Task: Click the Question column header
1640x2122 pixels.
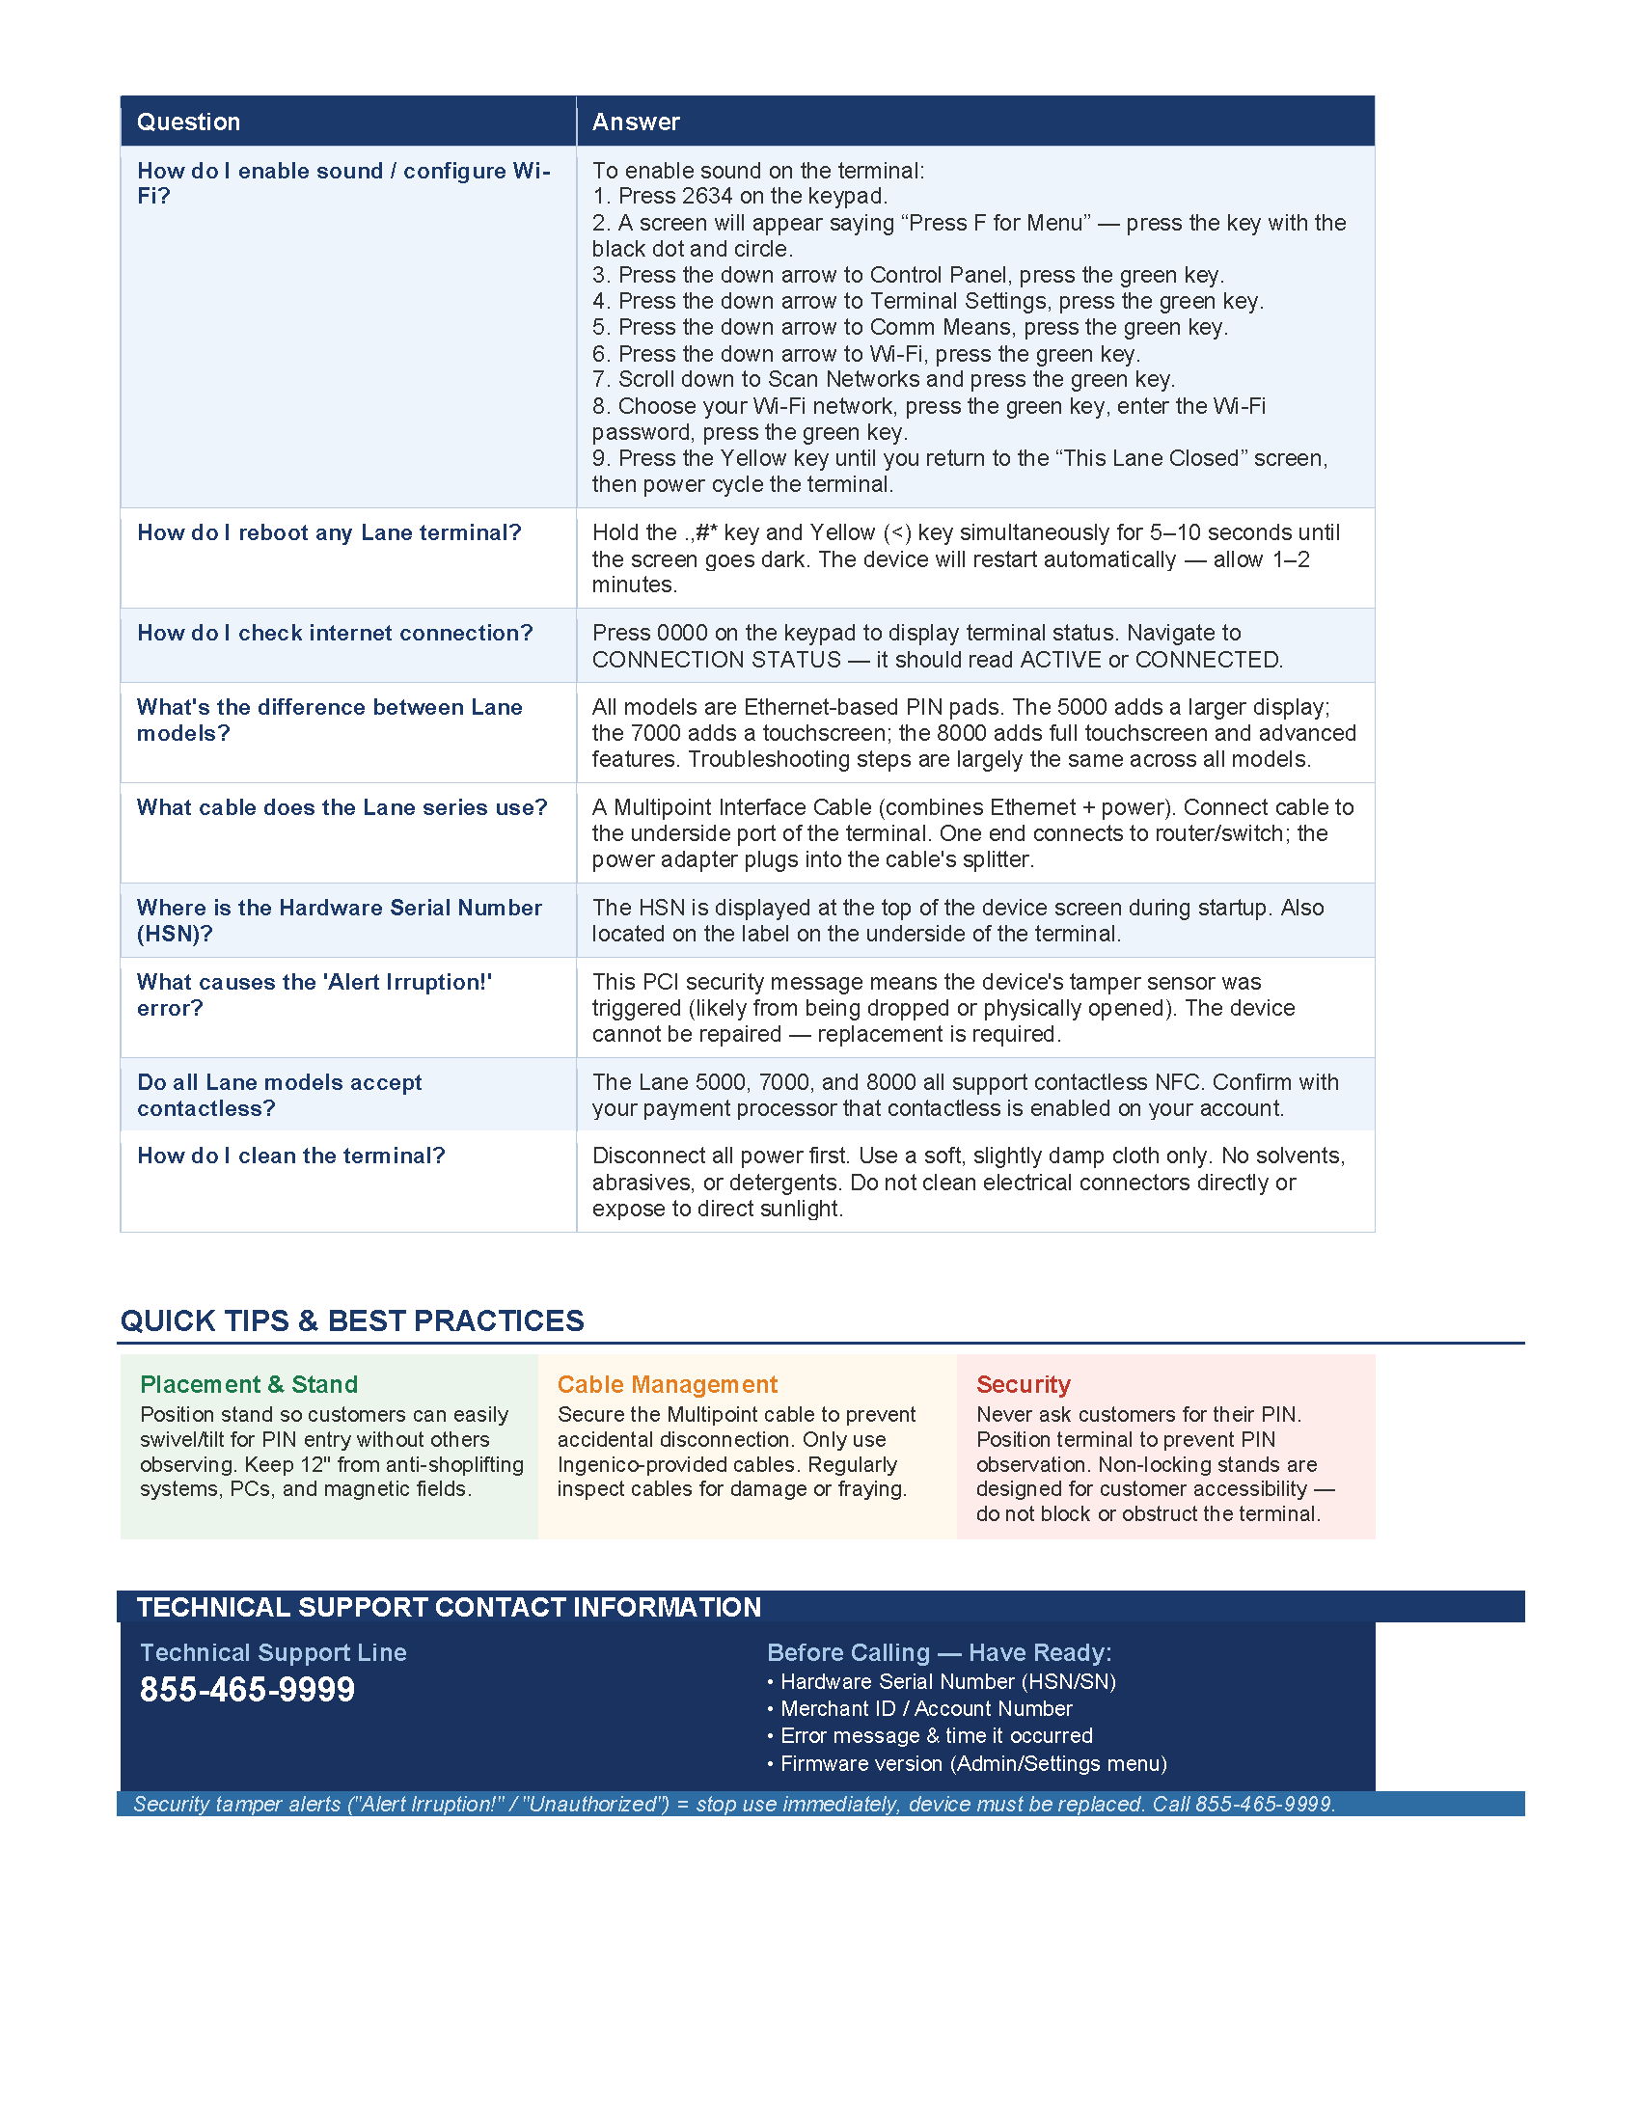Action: click(188, 122)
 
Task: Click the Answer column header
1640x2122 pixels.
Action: click(636, 122)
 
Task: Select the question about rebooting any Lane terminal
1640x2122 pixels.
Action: click(328, 532)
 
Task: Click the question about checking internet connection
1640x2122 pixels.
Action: click(334, 633)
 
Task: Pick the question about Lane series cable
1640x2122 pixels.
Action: click(342, 807)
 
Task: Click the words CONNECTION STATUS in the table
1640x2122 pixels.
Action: click(716, 660)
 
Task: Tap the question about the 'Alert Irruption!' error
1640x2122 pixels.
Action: click(314, 995)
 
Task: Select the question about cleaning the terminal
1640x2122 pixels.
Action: click(290, 1156)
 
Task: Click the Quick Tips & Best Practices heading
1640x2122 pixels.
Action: click(352, 1320)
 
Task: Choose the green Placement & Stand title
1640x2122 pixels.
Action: click(249, 1383)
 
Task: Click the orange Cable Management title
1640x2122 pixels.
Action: click(668, 1383)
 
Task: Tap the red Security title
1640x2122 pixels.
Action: click(1023, 1383)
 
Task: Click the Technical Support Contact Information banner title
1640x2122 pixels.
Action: click(449, 1607)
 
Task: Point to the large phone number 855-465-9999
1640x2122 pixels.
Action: click(248, 1690)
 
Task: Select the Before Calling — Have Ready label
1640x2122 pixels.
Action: click(939, 1652)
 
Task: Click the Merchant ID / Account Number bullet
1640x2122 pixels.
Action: click(926, 1708)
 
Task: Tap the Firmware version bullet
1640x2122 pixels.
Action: click(973, 1763)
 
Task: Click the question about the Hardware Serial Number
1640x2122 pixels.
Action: click(339, 920)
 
